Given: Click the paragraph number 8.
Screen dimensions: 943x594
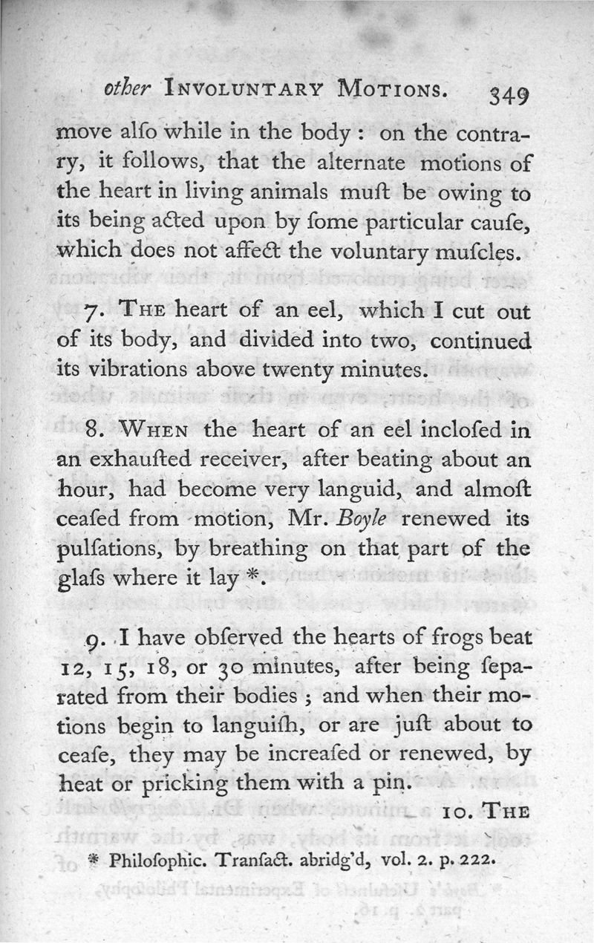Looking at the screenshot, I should tap(92, 428).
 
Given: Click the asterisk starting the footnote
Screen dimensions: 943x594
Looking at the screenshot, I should tap(94, 863).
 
